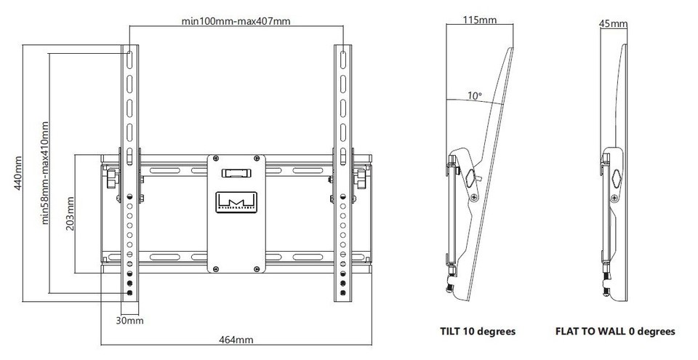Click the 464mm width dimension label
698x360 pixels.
pyautogui.click(x=236, y=340)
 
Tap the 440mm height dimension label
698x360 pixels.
pyautogui.click(x=17, y=173)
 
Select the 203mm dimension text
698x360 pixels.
pyautogui.click(x=70, y=213)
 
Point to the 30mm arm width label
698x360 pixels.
pyautogui.click(x=130, y=320)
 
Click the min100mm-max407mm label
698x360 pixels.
pyautogui.click(x=236, y=21)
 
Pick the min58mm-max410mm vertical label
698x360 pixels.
pyautogui.click(x=44, y=173)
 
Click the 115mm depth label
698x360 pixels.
pyautogui.click(x=480, y=20)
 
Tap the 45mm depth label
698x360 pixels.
pyautogui.click(x=613, y=23)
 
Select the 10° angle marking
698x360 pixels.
pyautogui.click(x=475, y=95)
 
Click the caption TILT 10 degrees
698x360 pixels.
pyautogui.click(x=478, y=332)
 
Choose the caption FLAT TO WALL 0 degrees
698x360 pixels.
pyautogui.click(x=615, y=332)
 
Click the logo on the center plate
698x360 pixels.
pyautogui.click(x=236, y=202)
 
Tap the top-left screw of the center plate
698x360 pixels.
pyautogui.click(x=216, y=158)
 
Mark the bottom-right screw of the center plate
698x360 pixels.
pyautogui.click(x=257, y=268)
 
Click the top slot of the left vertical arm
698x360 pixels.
pyautogui.click(x=129, y=59)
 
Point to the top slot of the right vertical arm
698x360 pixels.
pyautogui.click(x=343, y=59)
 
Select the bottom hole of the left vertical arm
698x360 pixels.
pyautogui.click(x=129, y=292)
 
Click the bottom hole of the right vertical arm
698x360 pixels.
pyautogui.click(x=343, y=292)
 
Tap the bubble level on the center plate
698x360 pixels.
pyautogui.click(x=236, y=172)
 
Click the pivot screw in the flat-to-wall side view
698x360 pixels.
pyautogui.click(x=615, y=198)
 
